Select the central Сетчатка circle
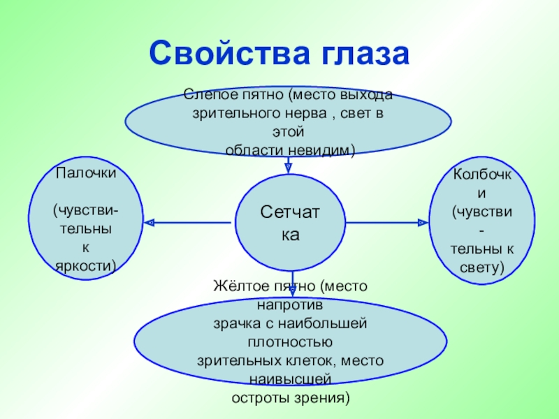click(289, 223)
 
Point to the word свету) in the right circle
click(481, 267)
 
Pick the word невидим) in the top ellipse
click(322, 149)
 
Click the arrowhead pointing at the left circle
click(149, 223)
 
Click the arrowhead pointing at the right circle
click(422, 223)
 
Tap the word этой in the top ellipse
click(289, 131)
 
